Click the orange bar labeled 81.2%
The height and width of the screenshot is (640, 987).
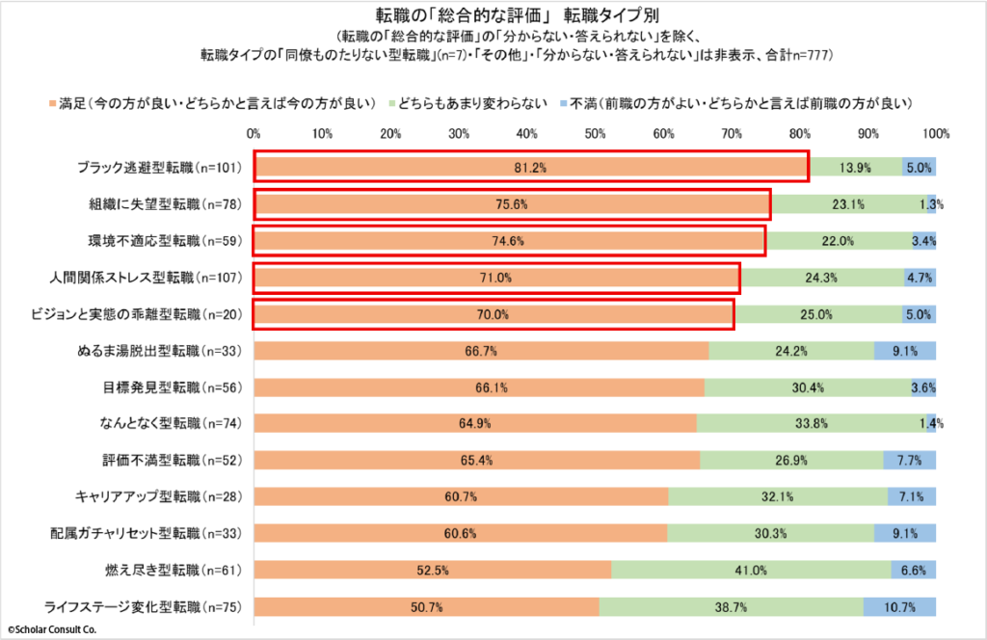tap(530, 168)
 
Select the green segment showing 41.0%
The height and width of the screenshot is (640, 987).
tap(751, 571)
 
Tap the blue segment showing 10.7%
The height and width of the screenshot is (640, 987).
tap(899, 607)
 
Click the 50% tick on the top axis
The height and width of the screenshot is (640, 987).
tap(595, 133)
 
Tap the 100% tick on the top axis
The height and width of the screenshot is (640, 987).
tap(936, 133)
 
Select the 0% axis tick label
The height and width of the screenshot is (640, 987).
tap(254, 133)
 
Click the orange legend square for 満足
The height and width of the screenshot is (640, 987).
tap(50, 102)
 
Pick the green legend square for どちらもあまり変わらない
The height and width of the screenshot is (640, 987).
tap(393, 102)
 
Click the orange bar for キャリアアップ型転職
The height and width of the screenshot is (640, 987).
tap(461, 497)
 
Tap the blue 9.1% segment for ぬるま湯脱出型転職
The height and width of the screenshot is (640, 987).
tap(905, 351)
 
